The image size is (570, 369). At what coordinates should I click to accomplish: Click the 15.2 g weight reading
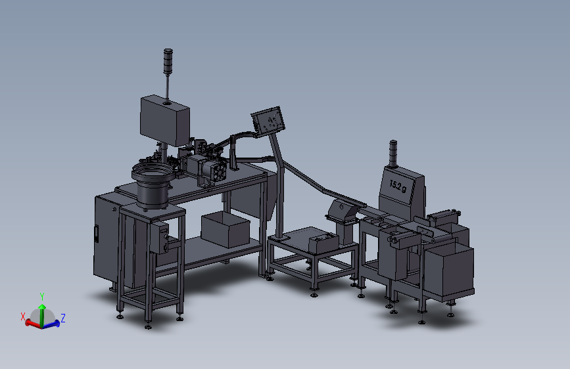pos(398,186)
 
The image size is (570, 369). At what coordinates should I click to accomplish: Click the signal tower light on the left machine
pos(168,61)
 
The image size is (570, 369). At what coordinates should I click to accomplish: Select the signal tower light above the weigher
pos(393,153)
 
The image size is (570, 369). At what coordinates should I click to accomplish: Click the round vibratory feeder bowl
pos(153,185)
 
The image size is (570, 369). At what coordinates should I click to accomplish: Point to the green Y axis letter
pos(42,297)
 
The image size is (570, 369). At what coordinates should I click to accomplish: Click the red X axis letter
pos(22,316)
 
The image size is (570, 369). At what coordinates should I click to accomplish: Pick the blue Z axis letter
pos(63,318)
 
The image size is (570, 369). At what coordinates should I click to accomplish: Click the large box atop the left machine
pos(164,121)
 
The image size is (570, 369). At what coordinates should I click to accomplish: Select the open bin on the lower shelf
pos(226,230)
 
